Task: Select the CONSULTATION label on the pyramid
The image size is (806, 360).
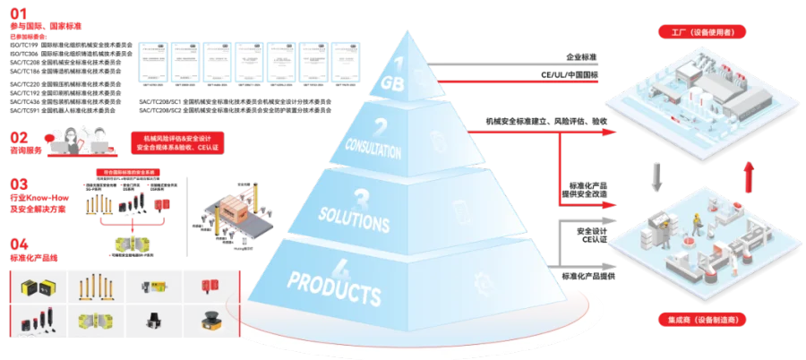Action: (373, 150)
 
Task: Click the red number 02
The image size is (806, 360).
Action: (19, 137)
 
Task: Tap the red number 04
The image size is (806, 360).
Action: (19, 243)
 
